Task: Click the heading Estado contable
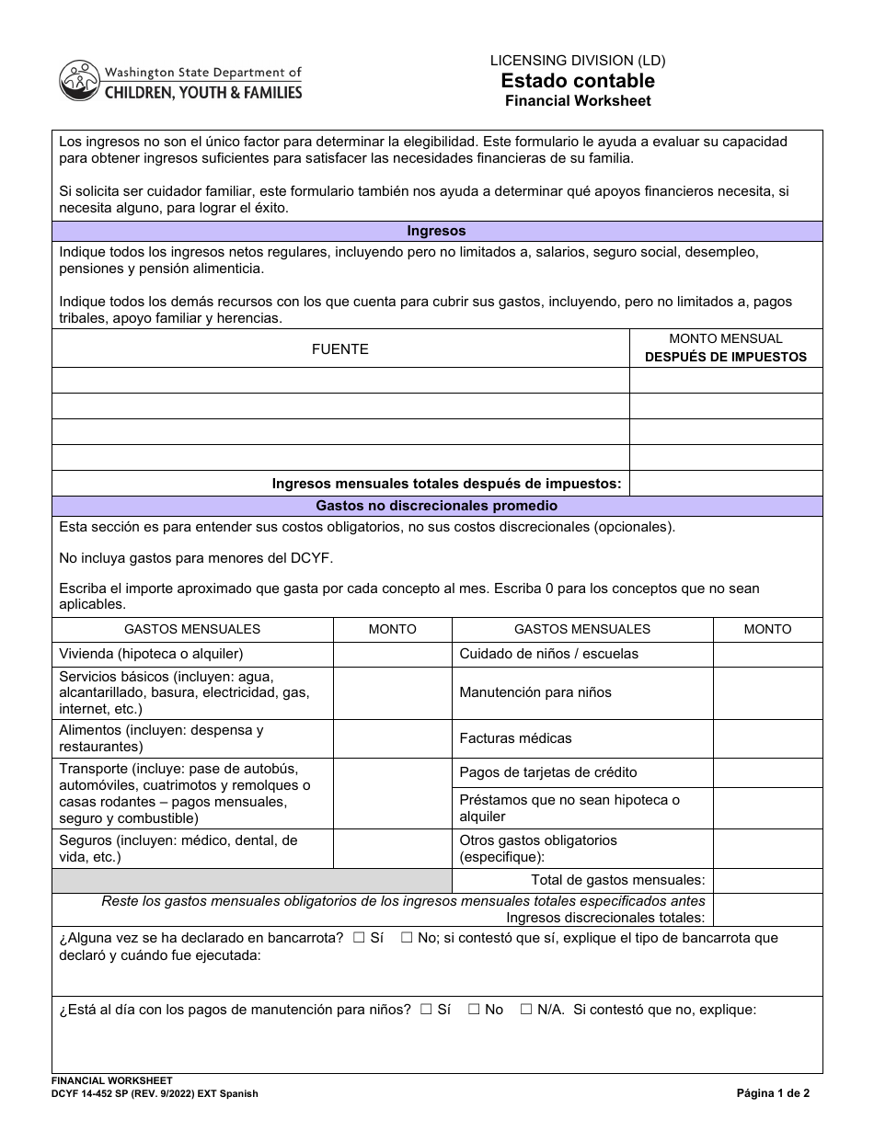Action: [578, 81]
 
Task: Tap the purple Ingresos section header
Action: [437, 232]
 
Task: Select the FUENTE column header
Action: [340, 349]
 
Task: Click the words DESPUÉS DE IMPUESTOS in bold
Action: [725, 357]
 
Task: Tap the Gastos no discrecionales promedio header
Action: [437, 506]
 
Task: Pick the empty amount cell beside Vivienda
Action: [392, 654]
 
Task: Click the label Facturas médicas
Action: [515, 738]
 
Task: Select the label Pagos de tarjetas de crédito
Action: [548, 772]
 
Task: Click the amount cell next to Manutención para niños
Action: [767, 692]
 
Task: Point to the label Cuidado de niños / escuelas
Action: [548, 654]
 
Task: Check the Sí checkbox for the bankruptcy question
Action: [359, 939]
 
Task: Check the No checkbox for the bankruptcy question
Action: [407, 939]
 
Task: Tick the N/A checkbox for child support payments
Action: [526, 1010]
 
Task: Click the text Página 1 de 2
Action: [773, 1094]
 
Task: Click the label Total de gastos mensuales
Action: [630, 880]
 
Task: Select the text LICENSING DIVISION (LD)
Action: [578, 61]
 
